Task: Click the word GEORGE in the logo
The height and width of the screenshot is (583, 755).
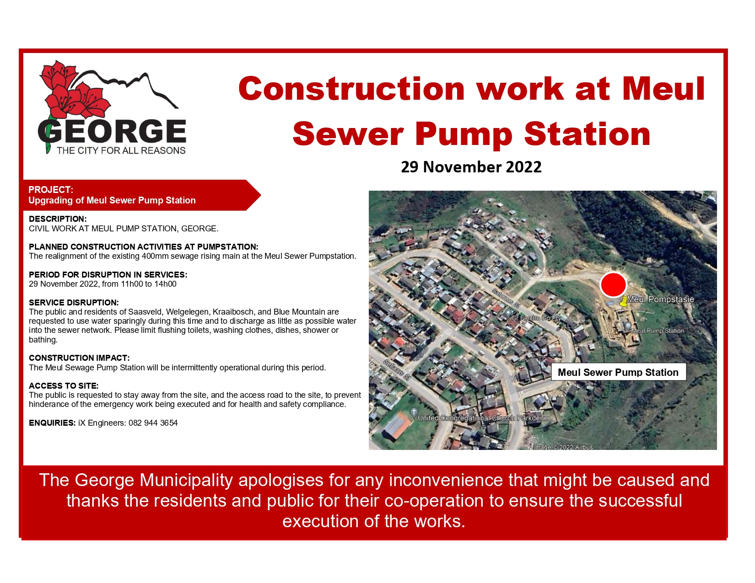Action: tap(112, 132)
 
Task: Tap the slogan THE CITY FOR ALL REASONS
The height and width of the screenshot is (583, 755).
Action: tap(121, 150)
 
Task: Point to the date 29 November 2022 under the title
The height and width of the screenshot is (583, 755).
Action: tap(471, 167)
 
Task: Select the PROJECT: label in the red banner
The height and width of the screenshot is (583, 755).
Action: tap(50, 190)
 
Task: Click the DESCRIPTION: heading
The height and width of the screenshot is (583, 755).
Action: tap(58, 219)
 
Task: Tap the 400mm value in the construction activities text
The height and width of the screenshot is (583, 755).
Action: tap(156, 256)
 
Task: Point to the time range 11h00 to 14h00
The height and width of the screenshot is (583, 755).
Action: tap(149, 284)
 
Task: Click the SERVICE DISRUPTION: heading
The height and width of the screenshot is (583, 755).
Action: tap(74, 303)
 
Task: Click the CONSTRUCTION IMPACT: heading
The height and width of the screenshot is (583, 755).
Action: tap(79, 358)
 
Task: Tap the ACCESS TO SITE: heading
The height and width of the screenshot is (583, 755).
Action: tap(64, 386)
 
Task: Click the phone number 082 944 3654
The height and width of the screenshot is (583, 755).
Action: tap(153, 423)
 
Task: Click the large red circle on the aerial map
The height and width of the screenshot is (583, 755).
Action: tap(613, 284)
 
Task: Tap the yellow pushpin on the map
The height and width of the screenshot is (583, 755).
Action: tap(623, 302)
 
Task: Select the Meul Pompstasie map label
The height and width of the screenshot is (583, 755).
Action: tap(660, 300)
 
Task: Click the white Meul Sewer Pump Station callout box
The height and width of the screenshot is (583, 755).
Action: tap(618, 372)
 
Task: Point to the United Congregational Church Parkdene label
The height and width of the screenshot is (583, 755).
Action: tap(482, 418)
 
